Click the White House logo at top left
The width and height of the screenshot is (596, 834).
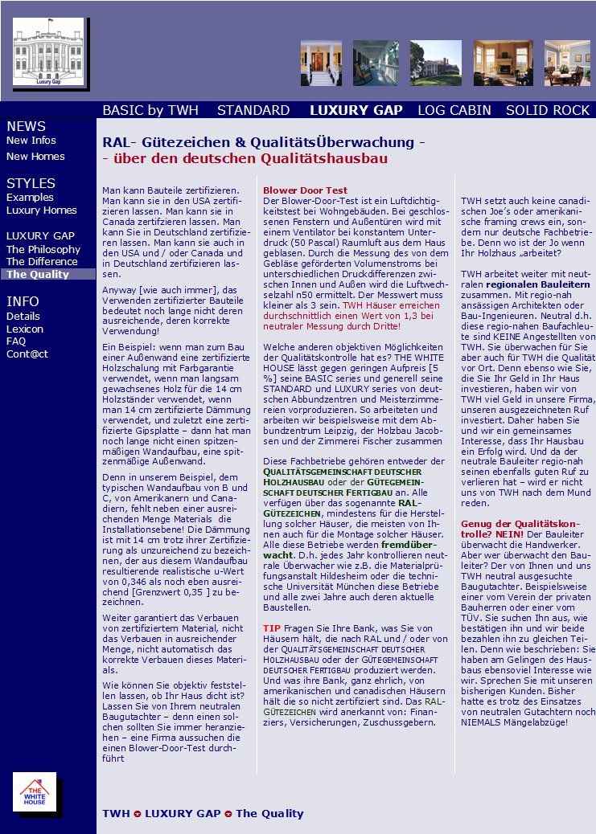(47, 52)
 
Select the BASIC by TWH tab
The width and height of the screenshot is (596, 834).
(150, 110)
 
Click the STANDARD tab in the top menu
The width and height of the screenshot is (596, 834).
(253, 110)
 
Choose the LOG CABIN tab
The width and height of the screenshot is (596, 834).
(454, 110)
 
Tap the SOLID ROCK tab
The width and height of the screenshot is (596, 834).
(548, 110)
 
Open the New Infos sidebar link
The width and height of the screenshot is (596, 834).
(31, 141)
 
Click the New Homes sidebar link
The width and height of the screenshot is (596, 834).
(35, 157)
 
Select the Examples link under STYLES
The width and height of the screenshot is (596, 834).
(30, 198)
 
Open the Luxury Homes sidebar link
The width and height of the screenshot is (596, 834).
(42, 211)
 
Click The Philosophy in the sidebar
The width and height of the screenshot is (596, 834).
(43, 250)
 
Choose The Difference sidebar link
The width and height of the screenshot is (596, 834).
(42, 262)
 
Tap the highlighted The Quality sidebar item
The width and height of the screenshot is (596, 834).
(38, 275)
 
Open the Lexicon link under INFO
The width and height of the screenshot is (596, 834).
(25, 329)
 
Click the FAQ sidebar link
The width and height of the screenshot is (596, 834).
(16, 341)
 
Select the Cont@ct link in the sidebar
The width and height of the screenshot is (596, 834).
(27, 354)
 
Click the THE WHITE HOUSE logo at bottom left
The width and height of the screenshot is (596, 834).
(35, 792)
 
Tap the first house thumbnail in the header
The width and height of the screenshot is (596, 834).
(321, 63)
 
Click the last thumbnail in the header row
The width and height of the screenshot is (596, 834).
(567, 63)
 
